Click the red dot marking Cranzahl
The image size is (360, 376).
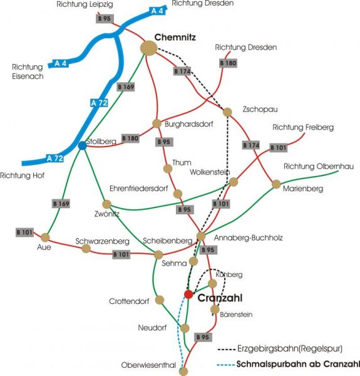tap(188, 295)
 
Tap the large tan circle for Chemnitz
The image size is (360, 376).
tap(149, 48)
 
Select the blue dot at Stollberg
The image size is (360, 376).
tap(83, 145)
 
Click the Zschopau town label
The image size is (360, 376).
tap(260, 109)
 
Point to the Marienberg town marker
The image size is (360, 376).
tap(276, 184)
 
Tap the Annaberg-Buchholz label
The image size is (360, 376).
tap(248, 238)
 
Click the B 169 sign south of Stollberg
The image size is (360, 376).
tap(61, 204)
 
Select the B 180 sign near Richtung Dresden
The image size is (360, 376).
tap(229, 63)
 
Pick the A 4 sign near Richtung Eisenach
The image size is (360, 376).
tap(60, 63)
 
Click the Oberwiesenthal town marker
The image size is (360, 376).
tap(183, 371)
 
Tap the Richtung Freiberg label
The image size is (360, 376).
tap(303, 127)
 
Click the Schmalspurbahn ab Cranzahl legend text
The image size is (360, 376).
tap(298, 364)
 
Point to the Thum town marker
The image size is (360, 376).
tap(168, 169)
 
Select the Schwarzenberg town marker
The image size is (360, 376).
tap(86, 248)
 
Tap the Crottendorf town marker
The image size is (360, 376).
tap(160, 300)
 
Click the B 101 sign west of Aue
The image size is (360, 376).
tap(24, 232)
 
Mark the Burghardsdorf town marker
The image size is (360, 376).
tap(157, 123)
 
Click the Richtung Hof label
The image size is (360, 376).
tap(23, 175)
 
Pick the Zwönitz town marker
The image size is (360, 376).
tap(106, 204)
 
